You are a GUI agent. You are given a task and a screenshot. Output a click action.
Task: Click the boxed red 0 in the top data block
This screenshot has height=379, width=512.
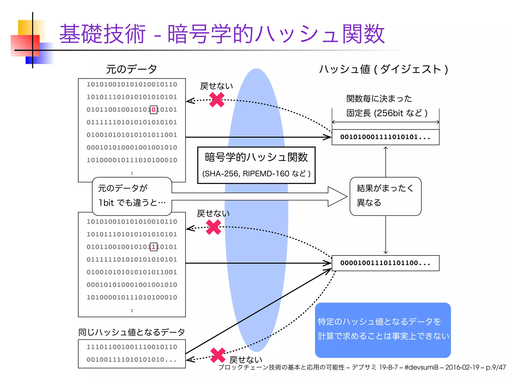153,109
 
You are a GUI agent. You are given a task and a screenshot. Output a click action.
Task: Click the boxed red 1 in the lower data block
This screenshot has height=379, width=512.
153,247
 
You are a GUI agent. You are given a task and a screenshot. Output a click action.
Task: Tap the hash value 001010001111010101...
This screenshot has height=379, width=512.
385,137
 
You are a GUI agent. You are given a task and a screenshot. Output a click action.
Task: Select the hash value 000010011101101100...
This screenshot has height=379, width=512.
385,263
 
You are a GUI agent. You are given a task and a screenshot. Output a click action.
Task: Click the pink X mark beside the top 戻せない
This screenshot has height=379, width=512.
216,100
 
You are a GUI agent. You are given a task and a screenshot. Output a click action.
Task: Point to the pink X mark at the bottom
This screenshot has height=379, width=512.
218,355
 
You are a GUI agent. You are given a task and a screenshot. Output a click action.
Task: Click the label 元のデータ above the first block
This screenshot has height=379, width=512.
131,69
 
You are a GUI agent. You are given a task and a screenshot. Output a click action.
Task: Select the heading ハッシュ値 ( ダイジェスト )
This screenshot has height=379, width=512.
383,69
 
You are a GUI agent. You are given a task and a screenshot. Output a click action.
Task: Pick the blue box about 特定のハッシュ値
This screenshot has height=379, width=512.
383,329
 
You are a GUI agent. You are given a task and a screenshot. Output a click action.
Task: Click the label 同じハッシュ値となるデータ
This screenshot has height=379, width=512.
131,332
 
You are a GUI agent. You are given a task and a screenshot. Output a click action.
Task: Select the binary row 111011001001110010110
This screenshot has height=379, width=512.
132,347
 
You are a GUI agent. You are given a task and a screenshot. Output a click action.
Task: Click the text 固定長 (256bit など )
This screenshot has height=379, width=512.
386,113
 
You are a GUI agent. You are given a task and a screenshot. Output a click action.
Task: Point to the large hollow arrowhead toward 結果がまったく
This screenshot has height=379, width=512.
337,196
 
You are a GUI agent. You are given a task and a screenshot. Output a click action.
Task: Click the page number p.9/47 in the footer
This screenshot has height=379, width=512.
496,367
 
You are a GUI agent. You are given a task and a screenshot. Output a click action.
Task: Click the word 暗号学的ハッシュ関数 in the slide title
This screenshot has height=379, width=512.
276,34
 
